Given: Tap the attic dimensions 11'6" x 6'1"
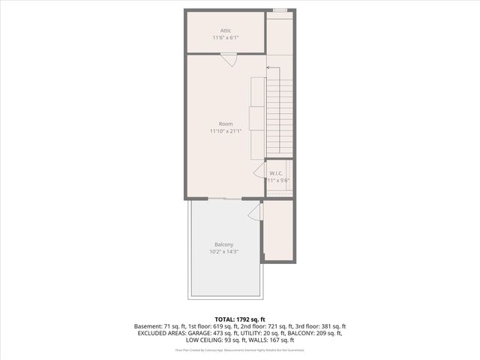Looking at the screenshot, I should (x=226, y=37).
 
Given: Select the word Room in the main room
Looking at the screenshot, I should (x=226, y=124).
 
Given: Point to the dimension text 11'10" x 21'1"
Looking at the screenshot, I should (x=226, y=131).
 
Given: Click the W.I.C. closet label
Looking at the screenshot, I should (x=277, y=173).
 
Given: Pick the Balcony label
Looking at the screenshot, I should (x=223, y=244).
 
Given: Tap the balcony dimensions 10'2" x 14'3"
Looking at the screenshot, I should (x=223, y=252).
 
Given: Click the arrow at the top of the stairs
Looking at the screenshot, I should (x=270, y=67).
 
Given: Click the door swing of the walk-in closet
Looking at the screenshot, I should (x=259, y=171).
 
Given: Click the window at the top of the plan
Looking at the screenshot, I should (x=279, y=10).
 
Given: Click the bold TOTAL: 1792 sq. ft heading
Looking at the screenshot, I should (x=240, y=319).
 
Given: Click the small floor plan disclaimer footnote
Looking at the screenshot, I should (x=240, y=349).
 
